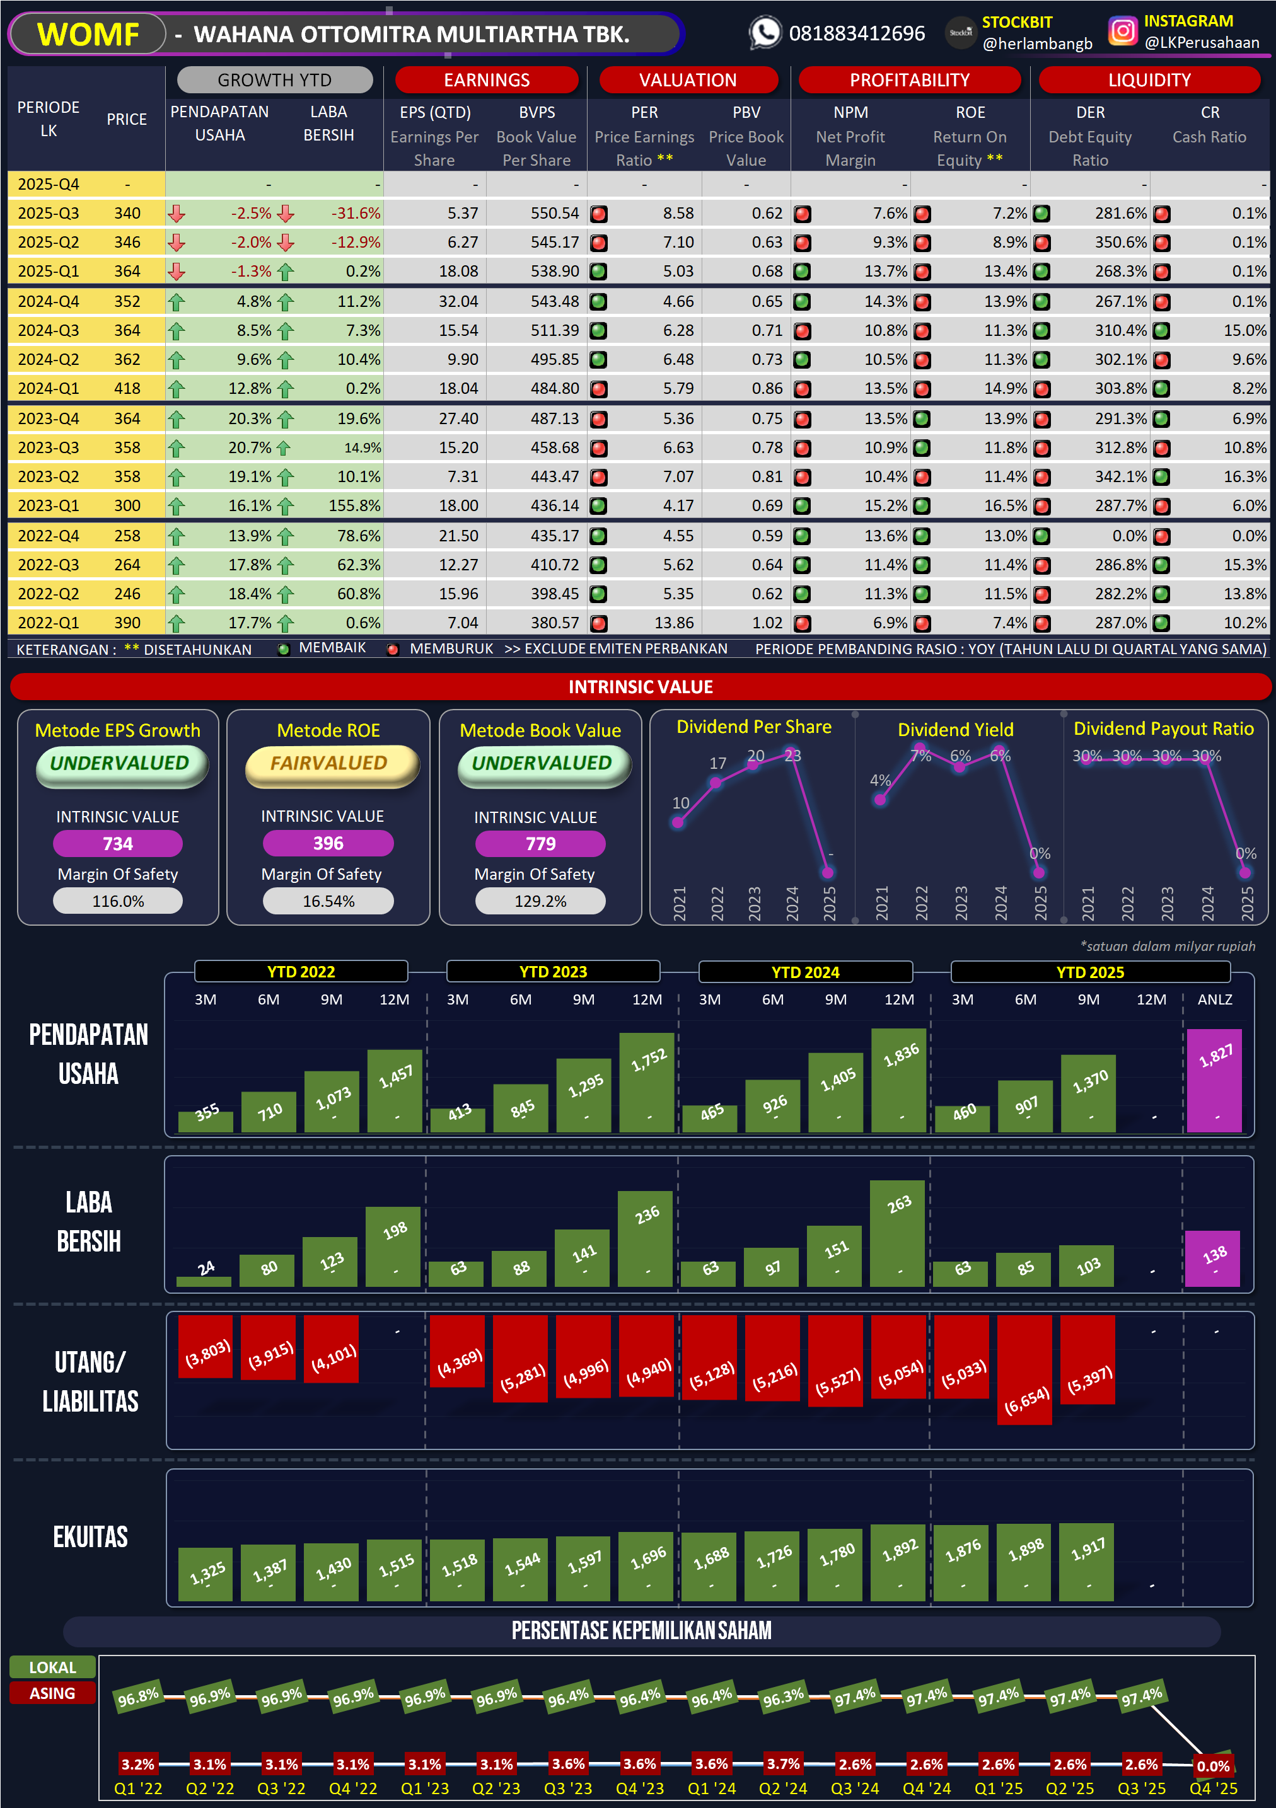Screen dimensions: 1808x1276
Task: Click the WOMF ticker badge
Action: click(88, 34)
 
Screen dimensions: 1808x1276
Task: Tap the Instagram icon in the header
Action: click(1122, 32)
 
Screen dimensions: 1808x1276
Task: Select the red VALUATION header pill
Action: click(688, 79)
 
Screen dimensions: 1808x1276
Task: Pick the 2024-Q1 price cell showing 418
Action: click(127, 388)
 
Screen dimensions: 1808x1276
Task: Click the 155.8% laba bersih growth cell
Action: click(354, 505)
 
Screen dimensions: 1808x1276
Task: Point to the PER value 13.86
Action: click(673, 623)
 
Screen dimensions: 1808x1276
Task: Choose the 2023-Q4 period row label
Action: click(49, 418)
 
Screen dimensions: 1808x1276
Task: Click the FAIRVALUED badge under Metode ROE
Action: click(329, 763)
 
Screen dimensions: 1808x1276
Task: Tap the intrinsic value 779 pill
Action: click(540, 843)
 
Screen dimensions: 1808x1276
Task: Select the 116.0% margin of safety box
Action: click(118, 901)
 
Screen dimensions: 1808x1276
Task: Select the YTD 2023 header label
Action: click(553, 972)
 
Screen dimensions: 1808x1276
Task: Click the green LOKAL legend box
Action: click(53, 1667)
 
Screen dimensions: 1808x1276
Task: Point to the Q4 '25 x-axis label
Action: click(1213, 1788)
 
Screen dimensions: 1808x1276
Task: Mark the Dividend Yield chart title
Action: click(956, 729)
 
